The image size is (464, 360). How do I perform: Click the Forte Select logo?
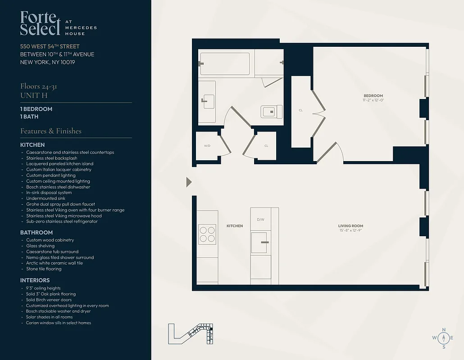coord(40,23)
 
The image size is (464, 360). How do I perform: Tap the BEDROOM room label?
coord(373,96)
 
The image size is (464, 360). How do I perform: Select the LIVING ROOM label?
coord(350,226)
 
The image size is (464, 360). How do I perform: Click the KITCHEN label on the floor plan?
coord(235,226)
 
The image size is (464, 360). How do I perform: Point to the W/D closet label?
coord(207,146)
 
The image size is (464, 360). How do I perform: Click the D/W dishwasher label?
coord(260,220)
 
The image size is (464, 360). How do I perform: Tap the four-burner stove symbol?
coord(207,234)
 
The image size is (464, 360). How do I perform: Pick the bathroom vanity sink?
coord(208,102)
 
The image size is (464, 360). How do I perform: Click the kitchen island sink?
coord(261,243)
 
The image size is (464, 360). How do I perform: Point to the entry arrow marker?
coord(189,182)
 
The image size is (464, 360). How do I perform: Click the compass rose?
coord(444,337)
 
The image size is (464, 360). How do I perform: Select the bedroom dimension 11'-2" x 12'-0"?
coord(373,100)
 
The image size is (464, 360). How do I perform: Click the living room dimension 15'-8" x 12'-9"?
coord(350,230)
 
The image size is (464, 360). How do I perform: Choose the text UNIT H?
coord(34,95)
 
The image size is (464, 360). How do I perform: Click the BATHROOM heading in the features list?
coord(36,233)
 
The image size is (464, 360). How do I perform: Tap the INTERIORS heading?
coord(35,280)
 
